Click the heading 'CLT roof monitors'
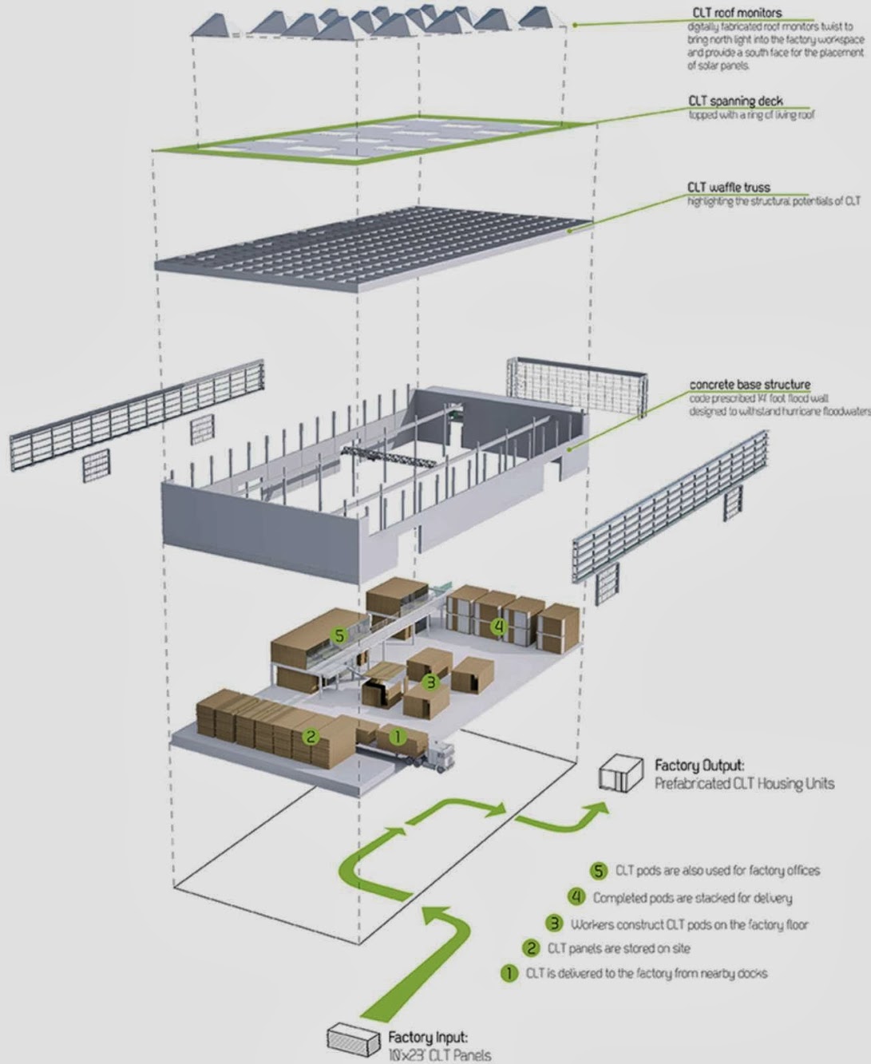click(x=736, y=13)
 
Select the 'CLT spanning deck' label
click(x=735, y=101)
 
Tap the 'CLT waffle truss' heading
click(x=729, y=188)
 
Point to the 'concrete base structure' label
click(x=750, y=385)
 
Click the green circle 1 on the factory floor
click(x=397, y=737)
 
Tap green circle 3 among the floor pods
click(x=430, y=681)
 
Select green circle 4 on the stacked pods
click(x=499, y=627)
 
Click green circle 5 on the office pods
click(x=339, y=635)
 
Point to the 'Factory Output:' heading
click(x=699, y=765)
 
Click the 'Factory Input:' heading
click(x=428, y=1038)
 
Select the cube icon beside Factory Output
click(x=623, y=774)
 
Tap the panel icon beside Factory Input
click(x=352, y=1038)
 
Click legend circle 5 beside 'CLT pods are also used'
click(x=599, y=871)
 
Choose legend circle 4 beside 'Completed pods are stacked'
click(x=576, y=897)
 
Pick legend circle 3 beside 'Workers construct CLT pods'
click(x=554, y=924)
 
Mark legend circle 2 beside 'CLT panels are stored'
click(x=532, y=948)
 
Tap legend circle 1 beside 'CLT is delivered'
click(x=509, y=974)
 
